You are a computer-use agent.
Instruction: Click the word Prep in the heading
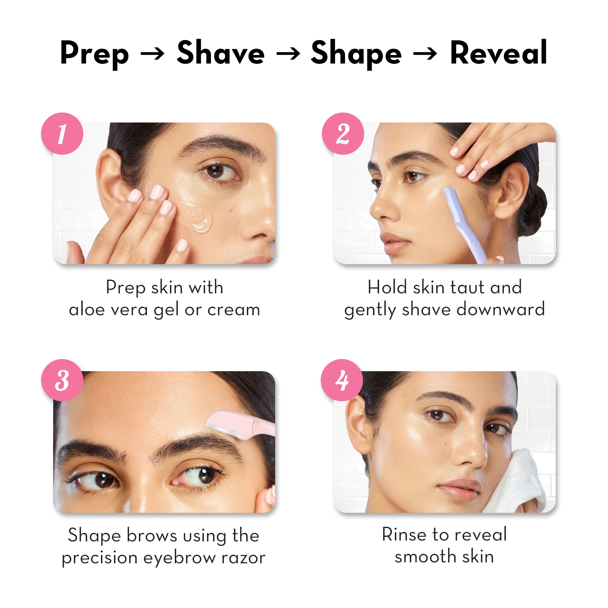(95, 54)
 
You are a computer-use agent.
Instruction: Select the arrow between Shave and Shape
(288, 54)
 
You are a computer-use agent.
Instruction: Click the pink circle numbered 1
(62, 133)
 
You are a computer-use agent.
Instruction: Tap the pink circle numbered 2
(343, 133)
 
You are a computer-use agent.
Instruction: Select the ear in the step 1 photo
(109, 179)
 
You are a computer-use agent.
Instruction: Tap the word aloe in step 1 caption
(87, 310)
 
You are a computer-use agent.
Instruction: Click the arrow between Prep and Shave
(152, 54)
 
